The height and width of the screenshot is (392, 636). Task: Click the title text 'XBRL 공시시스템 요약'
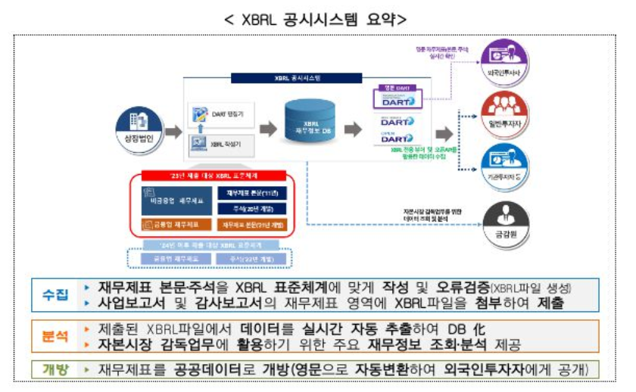click(x=316, y=19)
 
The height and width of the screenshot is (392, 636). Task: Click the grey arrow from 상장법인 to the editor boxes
click(x=173, y=131)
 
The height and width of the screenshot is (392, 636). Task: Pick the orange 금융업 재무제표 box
click(x=173, y=225)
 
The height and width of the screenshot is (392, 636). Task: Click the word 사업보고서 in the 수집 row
click(x=133, y=302)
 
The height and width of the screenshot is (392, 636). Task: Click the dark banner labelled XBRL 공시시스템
click(x=307, y=77)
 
